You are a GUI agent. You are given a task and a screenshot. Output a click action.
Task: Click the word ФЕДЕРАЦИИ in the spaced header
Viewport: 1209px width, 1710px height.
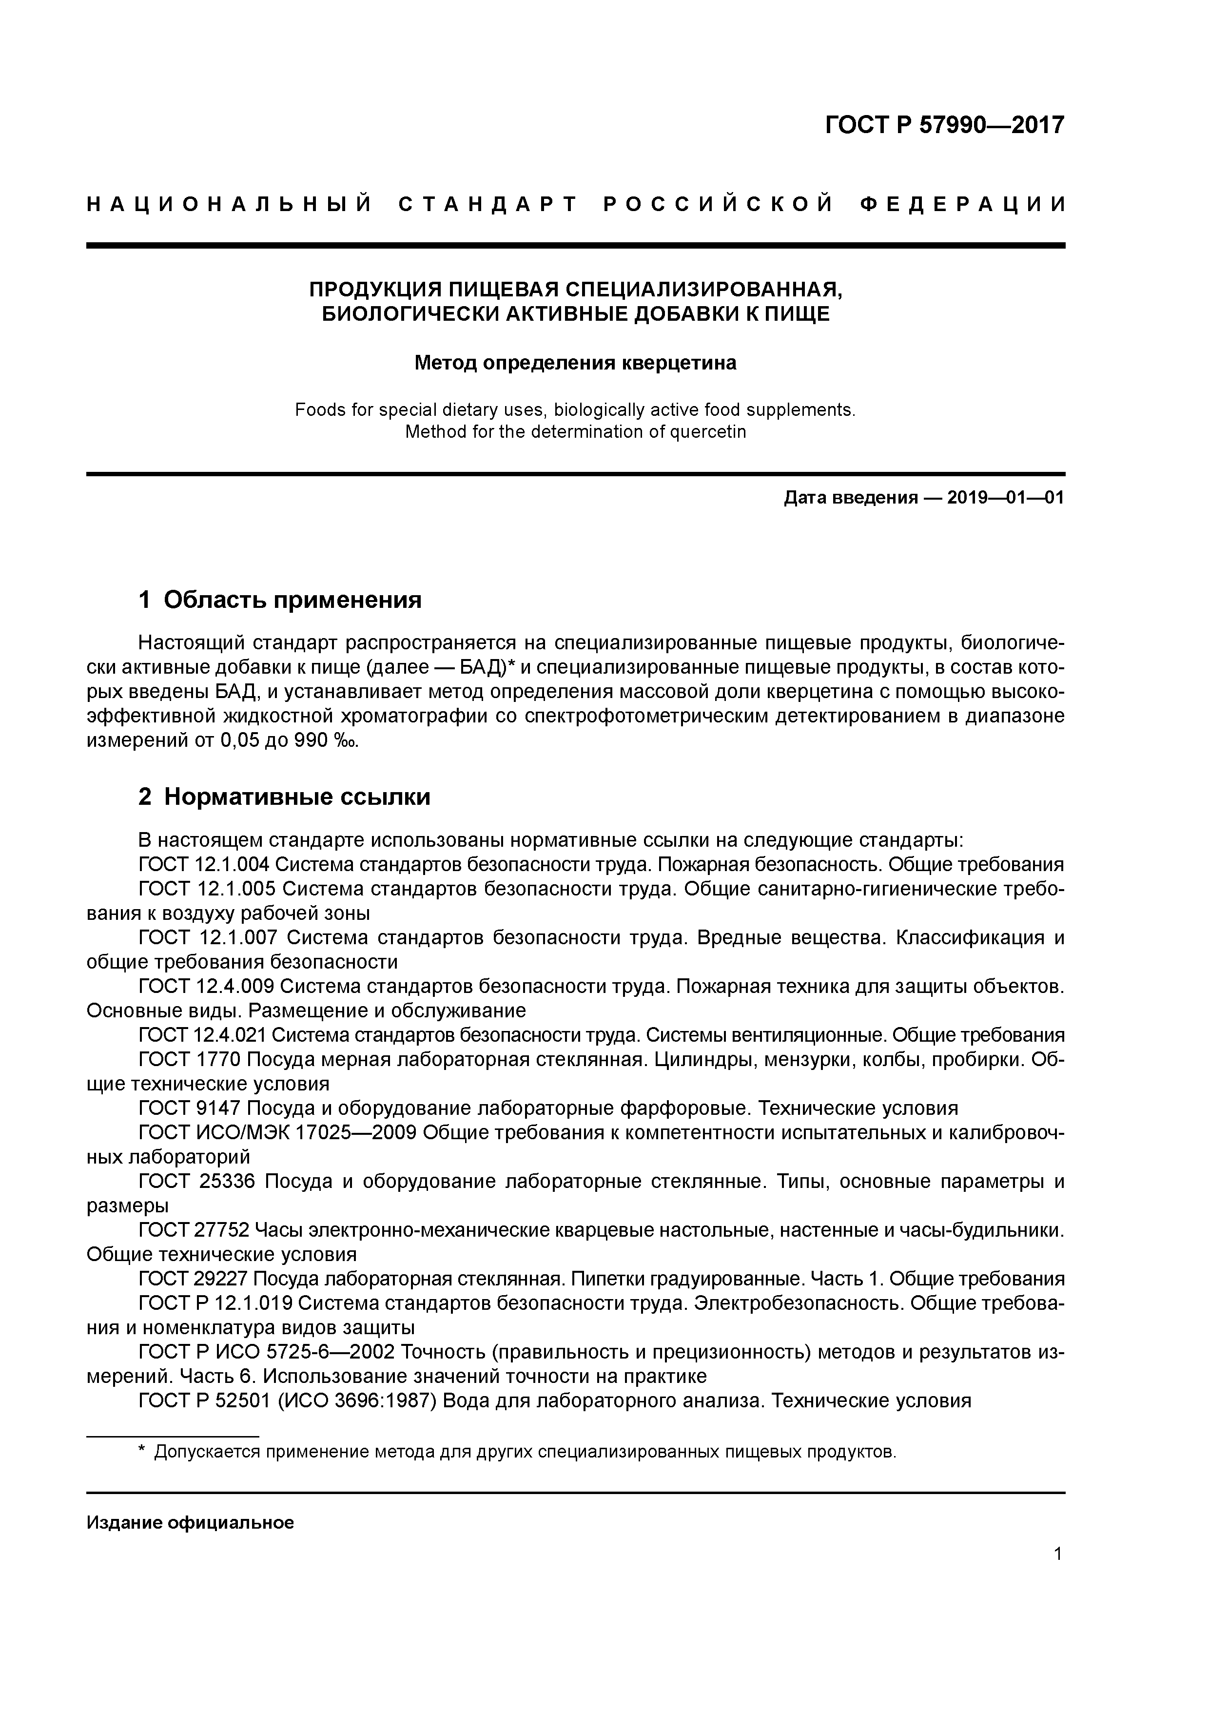(x=962, y=205)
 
